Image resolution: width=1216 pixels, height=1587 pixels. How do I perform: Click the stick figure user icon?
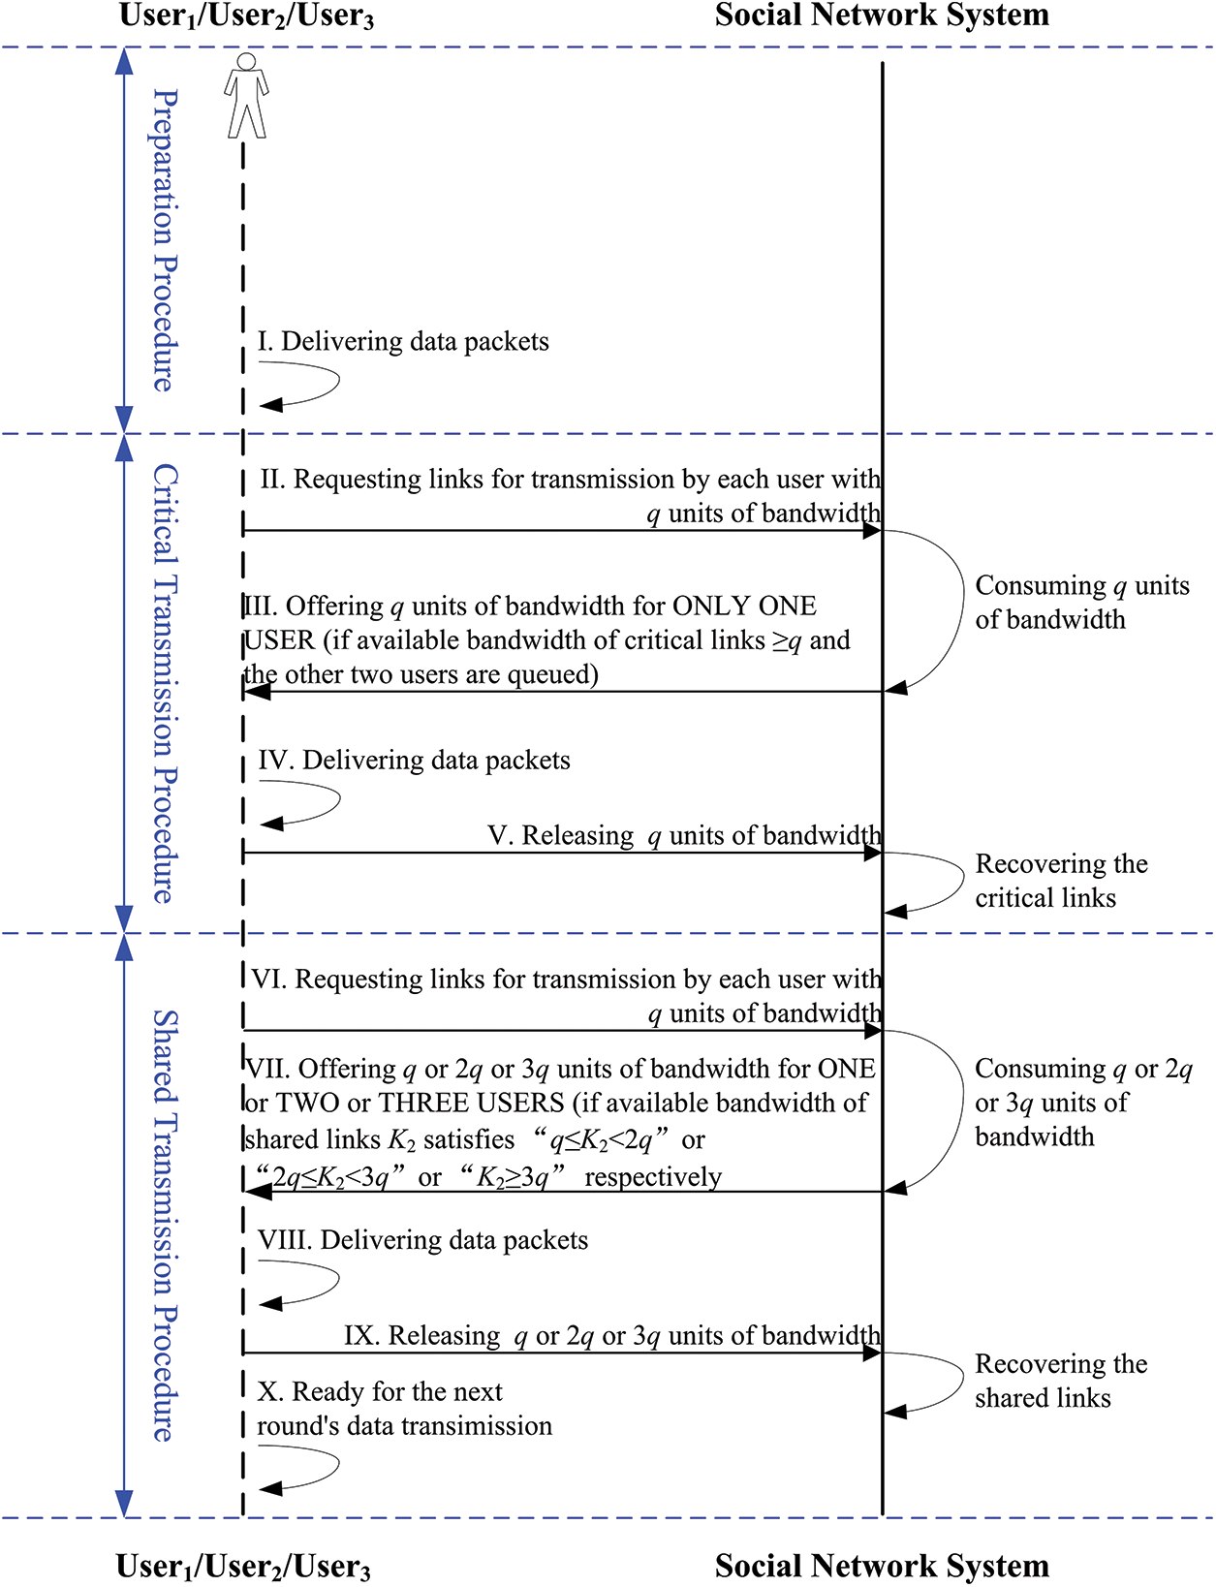coord(246,95)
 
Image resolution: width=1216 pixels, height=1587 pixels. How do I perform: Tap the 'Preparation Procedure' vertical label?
coord(166,240)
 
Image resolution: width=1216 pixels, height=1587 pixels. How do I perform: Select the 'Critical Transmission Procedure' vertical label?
coord(166,683)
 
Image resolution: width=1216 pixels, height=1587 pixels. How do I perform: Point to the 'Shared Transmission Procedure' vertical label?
coord(166,1225)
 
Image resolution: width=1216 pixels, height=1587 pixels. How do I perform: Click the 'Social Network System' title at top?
coord(882,16)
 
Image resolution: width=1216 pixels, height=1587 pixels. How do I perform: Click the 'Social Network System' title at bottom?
coord(882,1566)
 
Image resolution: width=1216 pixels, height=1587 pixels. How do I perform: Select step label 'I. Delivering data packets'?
coord(403,341)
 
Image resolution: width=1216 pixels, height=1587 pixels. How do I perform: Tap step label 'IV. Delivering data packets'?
coord(414,760)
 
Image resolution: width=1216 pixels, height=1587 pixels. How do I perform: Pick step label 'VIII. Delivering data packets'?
coord(422,1240)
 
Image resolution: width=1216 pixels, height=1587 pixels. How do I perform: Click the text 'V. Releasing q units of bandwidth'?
coord(684,835)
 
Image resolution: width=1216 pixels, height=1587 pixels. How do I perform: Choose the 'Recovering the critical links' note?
coord(1061,881)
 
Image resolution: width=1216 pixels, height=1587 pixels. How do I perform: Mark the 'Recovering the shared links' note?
coord(1061,1381)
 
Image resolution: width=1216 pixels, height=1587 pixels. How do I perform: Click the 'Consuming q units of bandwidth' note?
coord(1081,602)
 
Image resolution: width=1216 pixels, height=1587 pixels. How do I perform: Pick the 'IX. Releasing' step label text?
coord(421,1336)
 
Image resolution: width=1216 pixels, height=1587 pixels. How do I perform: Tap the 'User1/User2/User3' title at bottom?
coord(243,1566)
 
